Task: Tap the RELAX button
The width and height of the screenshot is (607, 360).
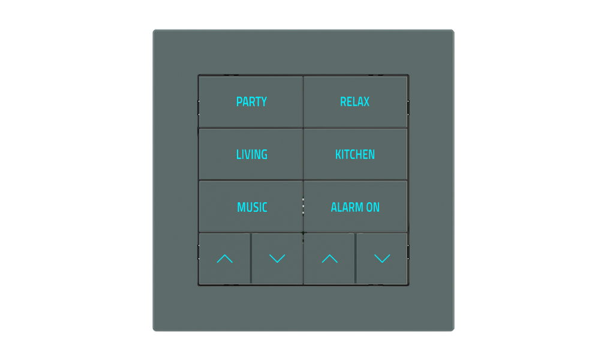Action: coord(355,102)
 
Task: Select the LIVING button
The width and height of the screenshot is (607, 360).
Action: coord(251,155)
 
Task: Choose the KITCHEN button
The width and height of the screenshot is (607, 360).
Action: coord(355,155)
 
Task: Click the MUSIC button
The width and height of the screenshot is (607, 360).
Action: coord(252,208)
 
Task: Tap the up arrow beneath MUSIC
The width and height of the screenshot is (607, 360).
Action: coord(224,259)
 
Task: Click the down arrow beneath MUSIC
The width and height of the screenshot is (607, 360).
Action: coord(277,259)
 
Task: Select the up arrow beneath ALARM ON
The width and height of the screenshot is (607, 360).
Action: coord(329,259)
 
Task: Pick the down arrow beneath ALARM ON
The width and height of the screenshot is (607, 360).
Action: coord(382,259)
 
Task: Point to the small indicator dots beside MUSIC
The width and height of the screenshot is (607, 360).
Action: coord(303,206)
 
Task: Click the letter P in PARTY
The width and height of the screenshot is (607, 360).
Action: coord(239,102)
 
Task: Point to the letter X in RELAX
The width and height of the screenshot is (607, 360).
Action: coord(366,102)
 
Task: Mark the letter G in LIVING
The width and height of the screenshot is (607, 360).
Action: coord(264,155)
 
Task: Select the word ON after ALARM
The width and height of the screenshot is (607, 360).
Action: coord(372,208)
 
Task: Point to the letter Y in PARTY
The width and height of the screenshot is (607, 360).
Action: coord(263,102)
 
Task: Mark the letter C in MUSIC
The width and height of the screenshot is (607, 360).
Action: coord(265,208)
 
